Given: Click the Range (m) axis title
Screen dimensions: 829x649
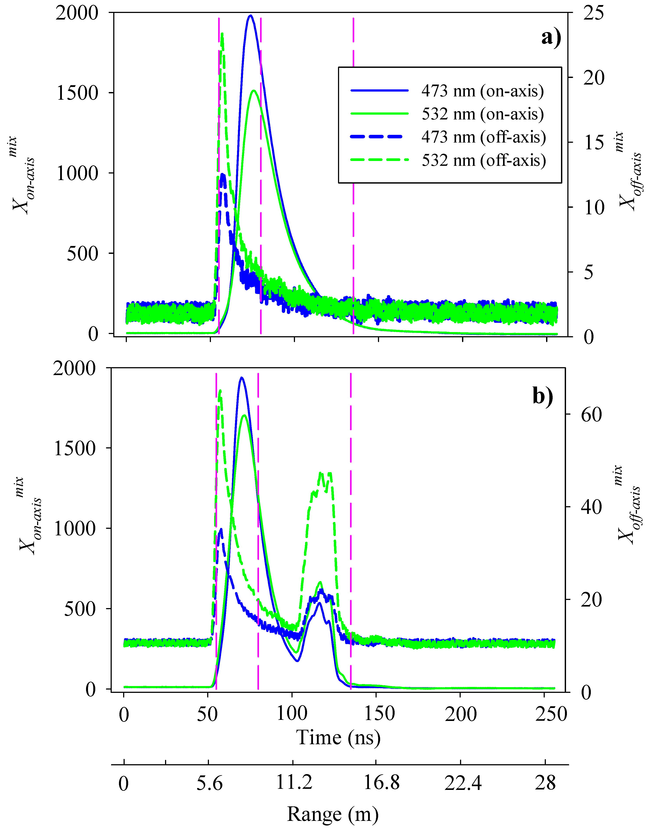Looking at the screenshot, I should pos(333,814).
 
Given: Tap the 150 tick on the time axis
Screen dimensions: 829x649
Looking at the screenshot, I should pos(379,714).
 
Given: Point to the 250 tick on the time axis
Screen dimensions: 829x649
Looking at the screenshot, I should pos(551,714).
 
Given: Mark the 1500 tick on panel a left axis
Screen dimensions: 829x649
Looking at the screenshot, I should pos(77,93).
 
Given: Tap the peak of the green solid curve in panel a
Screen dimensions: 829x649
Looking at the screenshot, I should pos(253,90).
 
